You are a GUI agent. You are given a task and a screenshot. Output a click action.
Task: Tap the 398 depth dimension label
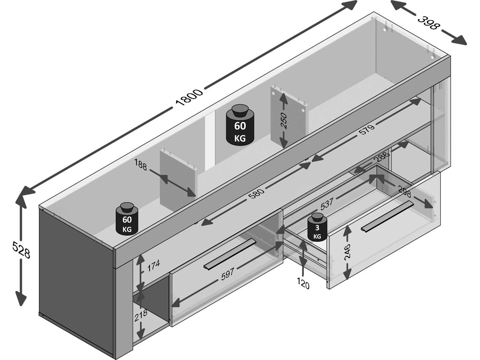[429, 22]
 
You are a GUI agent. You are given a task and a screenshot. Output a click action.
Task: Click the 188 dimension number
[141, 165]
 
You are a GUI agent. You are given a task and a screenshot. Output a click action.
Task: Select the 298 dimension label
[404, 191]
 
